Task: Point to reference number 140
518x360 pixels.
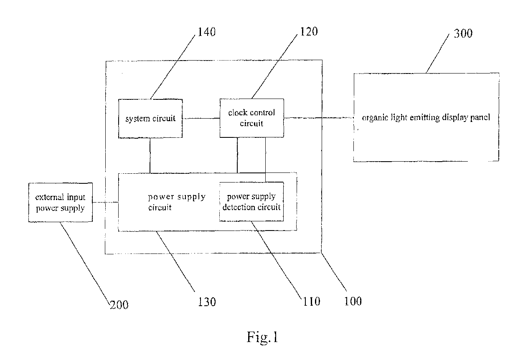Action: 206,32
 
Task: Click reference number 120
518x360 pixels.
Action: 309,31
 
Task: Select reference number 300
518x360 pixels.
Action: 463,33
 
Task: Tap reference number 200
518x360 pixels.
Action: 119,305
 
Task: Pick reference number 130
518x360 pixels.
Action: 207,302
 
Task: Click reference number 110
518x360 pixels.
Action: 312,302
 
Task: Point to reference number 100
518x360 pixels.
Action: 353,301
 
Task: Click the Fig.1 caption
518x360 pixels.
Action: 262,337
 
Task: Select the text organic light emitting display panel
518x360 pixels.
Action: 426,118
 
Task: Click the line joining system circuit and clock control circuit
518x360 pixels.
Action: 201,118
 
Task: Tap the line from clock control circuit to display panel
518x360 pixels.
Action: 319,118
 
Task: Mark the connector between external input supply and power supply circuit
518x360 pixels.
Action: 105,203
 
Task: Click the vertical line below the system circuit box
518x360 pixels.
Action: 150,156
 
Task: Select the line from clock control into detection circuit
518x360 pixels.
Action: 265,160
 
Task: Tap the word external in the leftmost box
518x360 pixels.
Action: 49,197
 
